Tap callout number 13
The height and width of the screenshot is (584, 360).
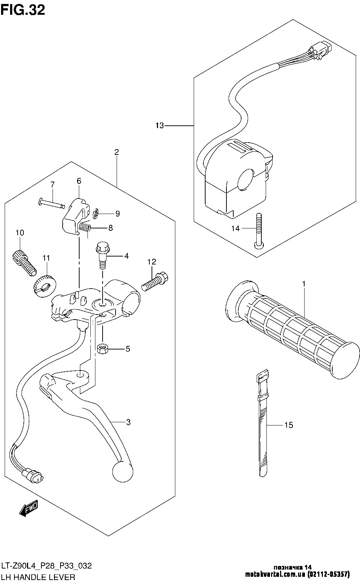coord(159,126)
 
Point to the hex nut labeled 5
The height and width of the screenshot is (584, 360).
coord(102,349)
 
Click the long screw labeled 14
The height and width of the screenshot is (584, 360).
coord(259,230)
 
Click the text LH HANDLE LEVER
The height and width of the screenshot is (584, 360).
coord(38,577)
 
